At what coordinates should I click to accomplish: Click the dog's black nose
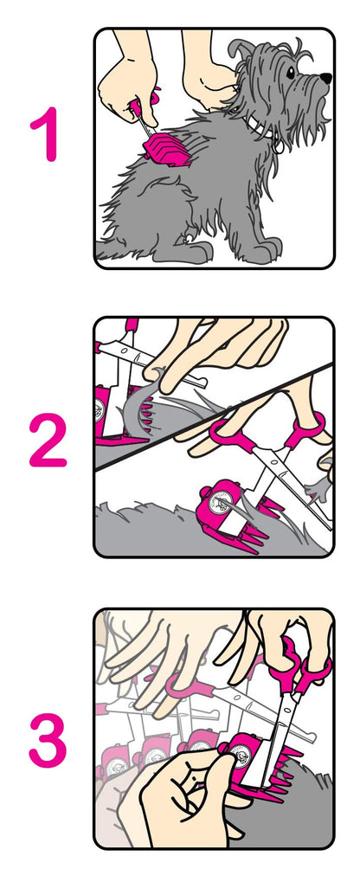(325, 79)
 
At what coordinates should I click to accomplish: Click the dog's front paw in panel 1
(263, 251)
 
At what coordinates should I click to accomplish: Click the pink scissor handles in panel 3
(299, 666)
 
